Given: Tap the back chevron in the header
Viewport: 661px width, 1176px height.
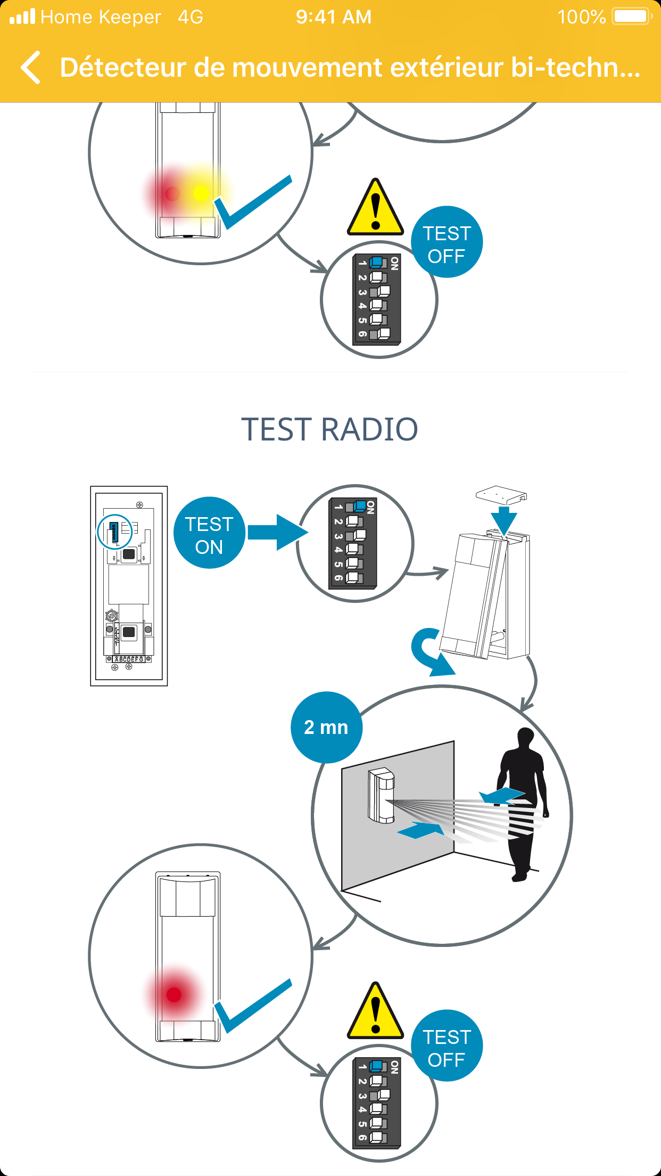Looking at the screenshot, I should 31,68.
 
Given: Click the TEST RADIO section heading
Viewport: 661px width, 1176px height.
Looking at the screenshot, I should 329,429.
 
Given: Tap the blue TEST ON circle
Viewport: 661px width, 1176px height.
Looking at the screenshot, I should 209,533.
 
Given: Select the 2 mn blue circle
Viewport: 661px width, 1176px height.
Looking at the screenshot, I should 326,727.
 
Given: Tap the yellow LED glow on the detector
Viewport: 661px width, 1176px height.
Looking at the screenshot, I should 201,193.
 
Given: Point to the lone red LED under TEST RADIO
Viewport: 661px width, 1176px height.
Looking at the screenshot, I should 174,994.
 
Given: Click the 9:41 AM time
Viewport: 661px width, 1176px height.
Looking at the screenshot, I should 334,17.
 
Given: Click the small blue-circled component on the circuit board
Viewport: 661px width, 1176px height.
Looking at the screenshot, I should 114,532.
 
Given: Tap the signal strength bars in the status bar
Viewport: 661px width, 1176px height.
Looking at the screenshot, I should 22,17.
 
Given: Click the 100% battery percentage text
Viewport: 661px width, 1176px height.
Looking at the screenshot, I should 581,17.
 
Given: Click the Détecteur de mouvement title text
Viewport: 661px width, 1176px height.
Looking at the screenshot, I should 350,68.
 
